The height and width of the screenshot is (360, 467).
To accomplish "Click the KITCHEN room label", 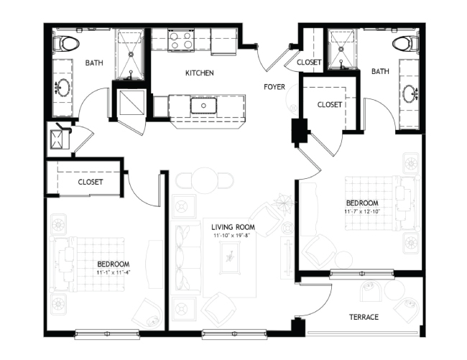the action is tap(200, 73).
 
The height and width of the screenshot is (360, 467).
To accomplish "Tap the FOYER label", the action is tap(274, 87).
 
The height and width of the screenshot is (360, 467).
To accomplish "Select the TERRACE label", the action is tap(364, 317).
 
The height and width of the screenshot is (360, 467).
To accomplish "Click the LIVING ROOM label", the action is tap(233, 227).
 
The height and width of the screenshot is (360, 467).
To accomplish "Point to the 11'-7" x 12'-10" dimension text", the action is tap(362, 212).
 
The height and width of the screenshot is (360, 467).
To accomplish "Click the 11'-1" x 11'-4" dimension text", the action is tap(114, 272).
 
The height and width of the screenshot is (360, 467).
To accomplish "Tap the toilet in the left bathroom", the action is tap(66, 44).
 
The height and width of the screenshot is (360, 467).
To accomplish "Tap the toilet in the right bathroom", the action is tap(406, 44).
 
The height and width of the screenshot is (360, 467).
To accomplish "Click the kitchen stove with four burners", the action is tap(181, 40).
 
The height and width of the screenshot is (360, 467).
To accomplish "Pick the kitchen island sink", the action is tap(204, 106).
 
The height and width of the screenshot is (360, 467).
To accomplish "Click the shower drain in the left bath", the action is tap(131, 55).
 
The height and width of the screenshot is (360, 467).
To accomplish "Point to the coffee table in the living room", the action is tap(229, 257).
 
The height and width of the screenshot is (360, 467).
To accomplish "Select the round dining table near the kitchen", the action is tap(205, 181).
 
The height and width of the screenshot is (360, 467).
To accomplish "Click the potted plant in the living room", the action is tap(284, 203).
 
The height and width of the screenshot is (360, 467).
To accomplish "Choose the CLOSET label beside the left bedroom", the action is tap(91, 182).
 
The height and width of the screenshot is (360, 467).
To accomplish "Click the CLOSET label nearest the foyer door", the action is tap(309, 63).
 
